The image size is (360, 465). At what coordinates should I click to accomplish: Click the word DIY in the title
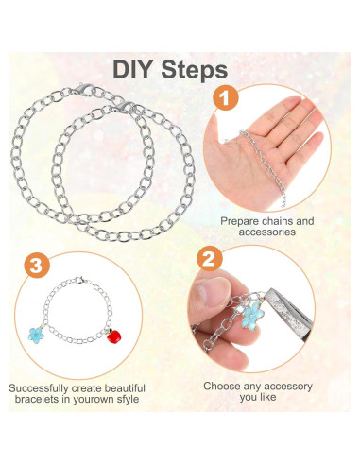(x=139, y=70)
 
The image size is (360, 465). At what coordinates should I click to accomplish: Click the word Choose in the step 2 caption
(x=226, y=387)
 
